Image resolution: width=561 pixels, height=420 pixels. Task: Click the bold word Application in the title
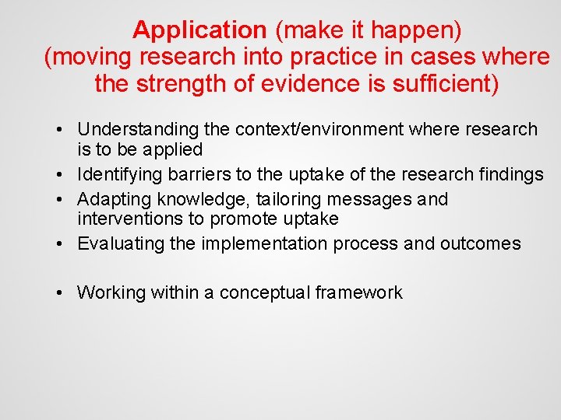(199, 30)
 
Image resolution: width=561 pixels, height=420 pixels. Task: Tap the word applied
(168, 149)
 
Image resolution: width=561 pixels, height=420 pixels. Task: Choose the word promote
(242, 219)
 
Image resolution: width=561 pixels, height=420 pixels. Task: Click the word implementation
(265, 243)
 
